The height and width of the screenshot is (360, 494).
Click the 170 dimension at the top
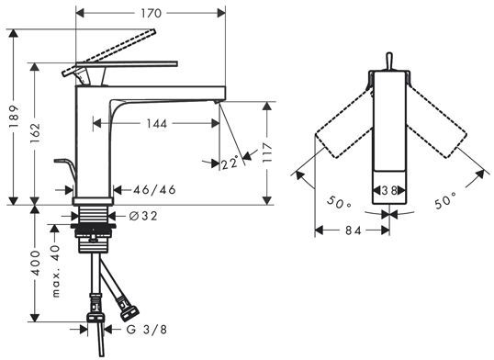click(151, 13)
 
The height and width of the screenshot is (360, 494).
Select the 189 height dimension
click(14, 117)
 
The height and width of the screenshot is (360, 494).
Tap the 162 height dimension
click(35, 133)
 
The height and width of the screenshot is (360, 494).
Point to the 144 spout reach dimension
click(157, 124)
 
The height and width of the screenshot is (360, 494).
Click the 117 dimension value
click(267, 152)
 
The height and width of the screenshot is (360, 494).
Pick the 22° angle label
click(230, 163)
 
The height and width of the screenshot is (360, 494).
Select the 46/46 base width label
click(154, 190)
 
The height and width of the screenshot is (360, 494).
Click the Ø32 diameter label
click(143, 216)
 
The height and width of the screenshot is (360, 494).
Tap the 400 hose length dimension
click(35, 263)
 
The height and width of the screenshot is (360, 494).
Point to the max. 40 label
click(55, 272)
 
